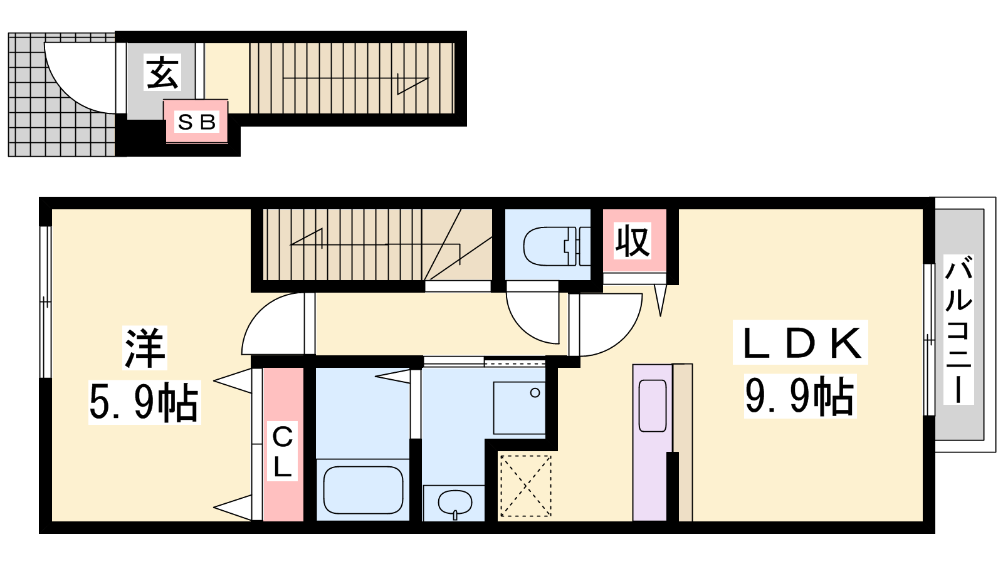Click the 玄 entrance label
coord(162,72)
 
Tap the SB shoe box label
coord(197,122)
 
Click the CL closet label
coord(283,452)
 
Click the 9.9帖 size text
coord(799,396)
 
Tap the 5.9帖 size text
coord(144,402)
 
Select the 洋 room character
coord(145,347)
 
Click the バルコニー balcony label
coord(958,330)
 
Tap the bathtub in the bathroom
coord(363,489)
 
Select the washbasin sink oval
coord(455,503)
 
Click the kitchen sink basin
coord(653,405)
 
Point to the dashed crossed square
coord(525,485)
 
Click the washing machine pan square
coord(520,408)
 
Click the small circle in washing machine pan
coord(535,393)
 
